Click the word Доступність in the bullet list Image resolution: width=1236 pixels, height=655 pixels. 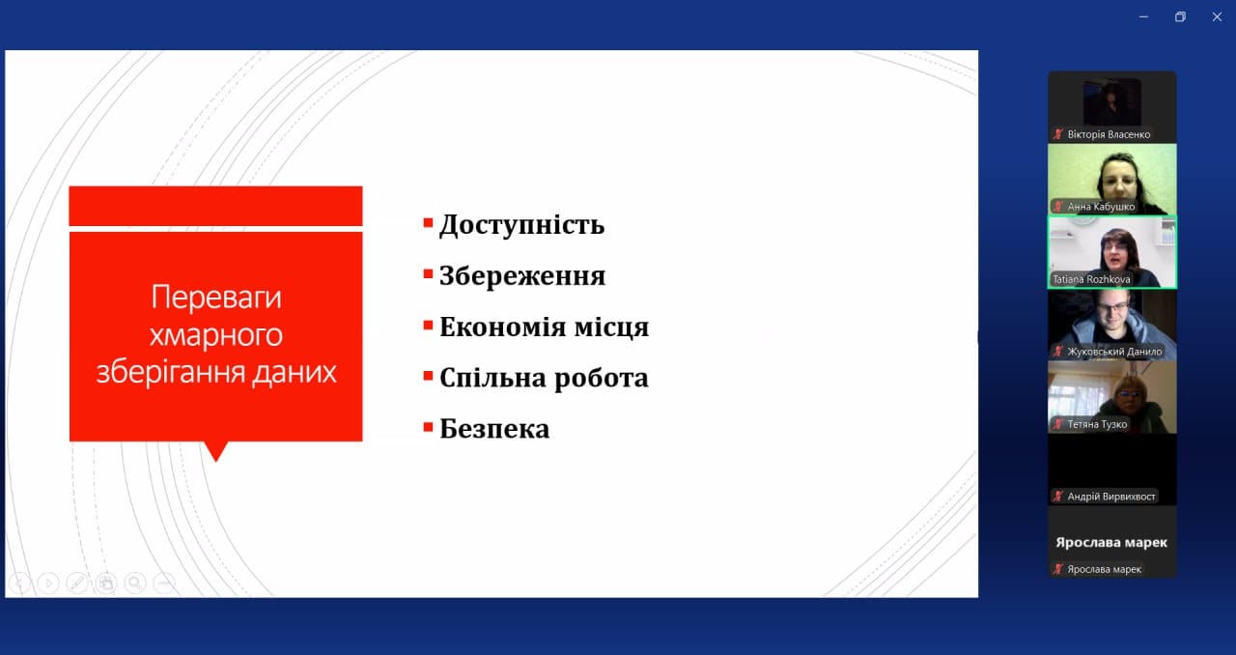click(x=521, y=225)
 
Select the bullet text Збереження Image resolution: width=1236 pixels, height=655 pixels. click(x=522, y=275)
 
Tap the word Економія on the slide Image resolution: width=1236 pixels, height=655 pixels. click(x=503, y=327)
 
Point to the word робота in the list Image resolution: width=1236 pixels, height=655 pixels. click(x=601, y=378)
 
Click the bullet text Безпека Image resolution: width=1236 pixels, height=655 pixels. click(x=494, y=429)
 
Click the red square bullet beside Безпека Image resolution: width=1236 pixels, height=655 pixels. click(x=428, y=427)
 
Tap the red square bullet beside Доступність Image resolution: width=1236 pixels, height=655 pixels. click(x=428, y=223)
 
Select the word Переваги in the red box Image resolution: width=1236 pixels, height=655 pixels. click(x=216, y=299)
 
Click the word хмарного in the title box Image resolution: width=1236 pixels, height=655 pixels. click(x=215, y=335)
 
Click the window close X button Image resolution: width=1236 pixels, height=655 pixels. click(x=1217, y=17)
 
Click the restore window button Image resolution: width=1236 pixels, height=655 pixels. click(x=1180, y=17)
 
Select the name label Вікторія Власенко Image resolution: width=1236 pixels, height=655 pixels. click(x=1109, y=134)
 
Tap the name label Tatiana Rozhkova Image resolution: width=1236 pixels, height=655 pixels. click(x=1091, y=279)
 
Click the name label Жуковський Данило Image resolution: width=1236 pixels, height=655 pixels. click(x=1114, y=352)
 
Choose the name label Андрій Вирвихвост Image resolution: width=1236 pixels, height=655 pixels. click(x=1110, y=497)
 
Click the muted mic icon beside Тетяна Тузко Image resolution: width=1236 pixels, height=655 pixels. click(x=1057, y=424)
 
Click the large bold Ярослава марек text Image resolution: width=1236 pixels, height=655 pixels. click(x=1111, y=542)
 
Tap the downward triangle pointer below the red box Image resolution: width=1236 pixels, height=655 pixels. click(x=215, y=451)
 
